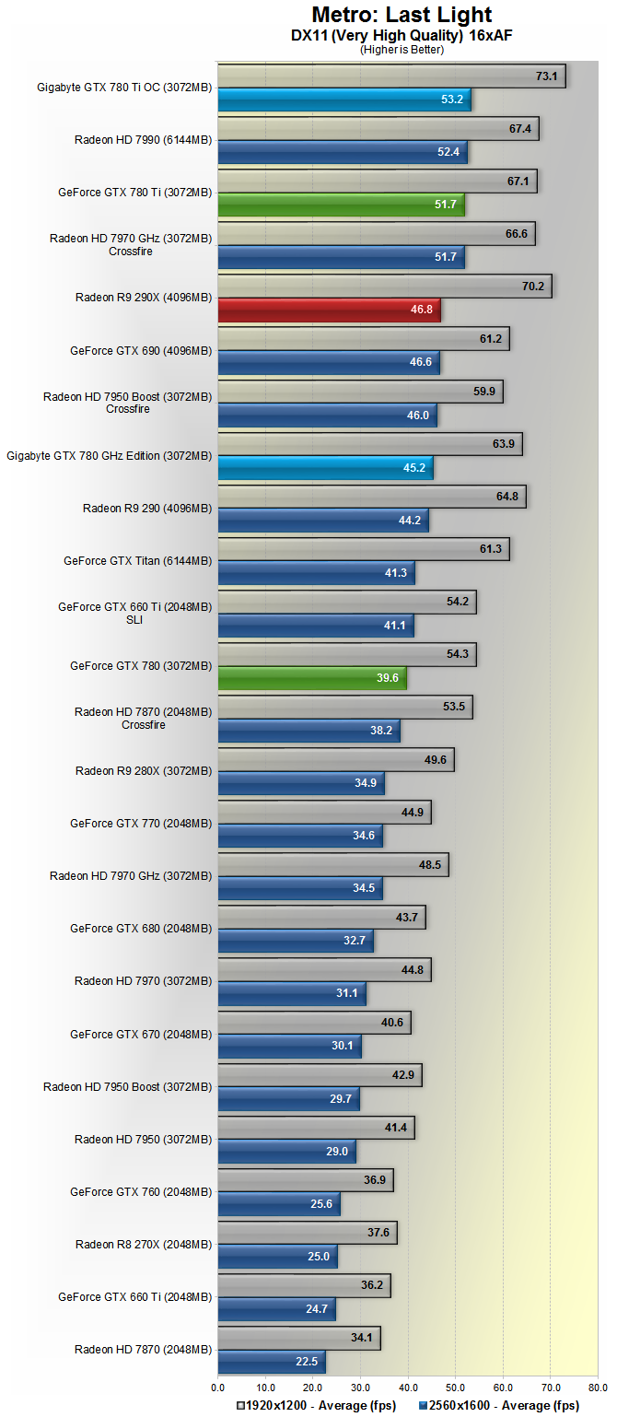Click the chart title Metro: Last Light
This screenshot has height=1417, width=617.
[x=402, y=15]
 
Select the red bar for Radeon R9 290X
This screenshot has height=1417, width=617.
[x=329, y=310]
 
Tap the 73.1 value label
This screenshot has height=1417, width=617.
[x=546, y=76]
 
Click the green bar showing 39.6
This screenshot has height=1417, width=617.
[x=311, y=678]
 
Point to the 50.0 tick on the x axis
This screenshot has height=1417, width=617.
[x=455, y=1385]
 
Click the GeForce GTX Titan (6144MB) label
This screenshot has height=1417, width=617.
[x=137, y=560]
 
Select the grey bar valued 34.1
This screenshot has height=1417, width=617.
[x=298, y=1338]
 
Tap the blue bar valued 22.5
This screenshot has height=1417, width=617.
[x=271, y=1362]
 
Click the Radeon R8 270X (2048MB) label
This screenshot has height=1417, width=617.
[x=144, y=1244]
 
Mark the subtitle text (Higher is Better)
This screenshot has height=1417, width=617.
[x=402, y=50]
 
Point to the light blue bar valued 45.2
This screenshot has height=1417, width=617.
[x=325, y=468]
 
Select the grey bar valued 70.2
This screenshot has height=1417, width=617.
[x=384, y=287]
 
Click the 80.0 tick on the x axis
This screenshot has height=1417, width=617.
[x=598, y=1385]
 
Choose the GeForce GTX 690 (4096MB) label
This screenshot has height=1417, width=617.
[x=141, y=350]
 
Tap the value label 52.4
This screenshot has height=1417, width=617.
[x=448, y=152]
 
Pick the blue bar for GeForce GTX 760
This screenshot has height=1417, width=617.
[x=278, y=1204]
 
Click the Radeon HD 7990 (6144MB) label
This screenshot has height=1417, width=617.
[x=143, y=140]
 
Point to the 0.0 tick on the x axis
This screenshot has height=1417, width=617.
[x=218, y=1385]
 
